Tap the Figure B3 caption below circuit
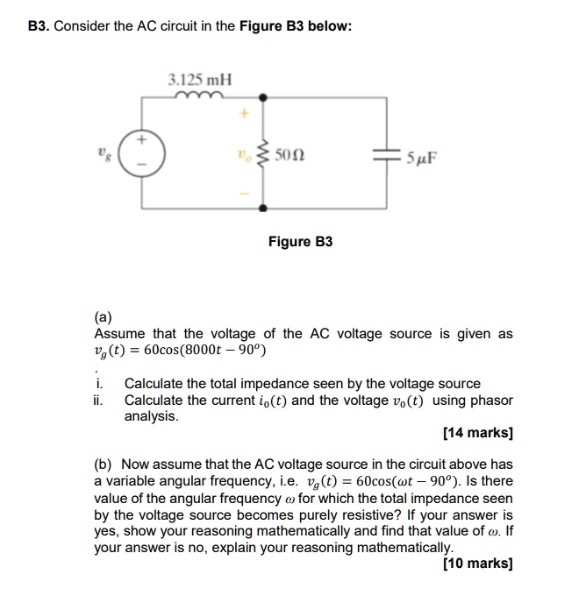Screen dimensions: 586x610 pos(300,241)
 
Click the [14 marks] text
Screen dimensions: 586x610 pos(478,433)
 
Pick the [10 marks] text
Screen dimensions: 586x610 pos(478,564)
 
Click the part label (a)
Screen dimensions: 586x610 pos(103,318)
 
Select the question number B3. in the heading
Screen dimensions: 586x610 pos(38,26)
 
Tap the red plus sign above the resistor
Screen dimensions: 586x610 pos(246,113)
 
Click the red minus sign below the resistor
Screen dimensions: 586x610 pos(246,194)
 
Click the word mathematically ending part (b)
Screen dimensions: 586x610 pos(399,548)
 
